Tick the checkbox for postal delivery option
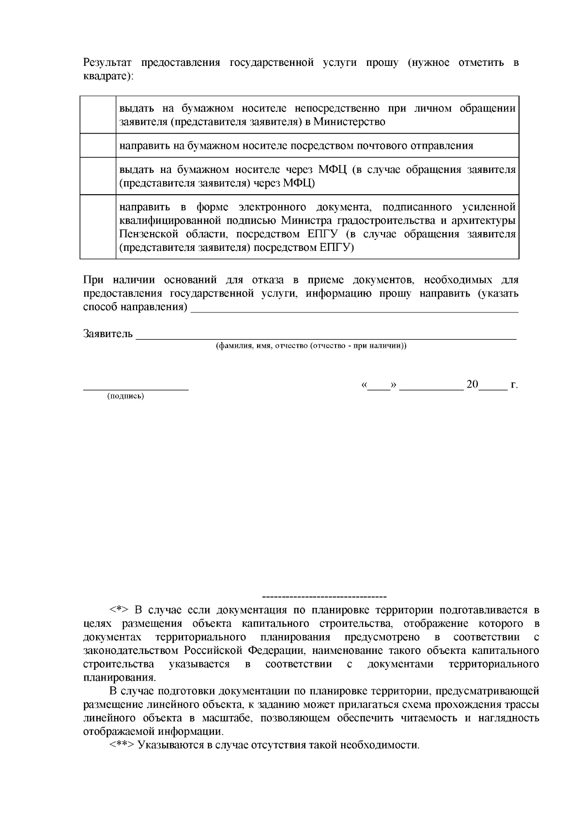click(x=98, y=145)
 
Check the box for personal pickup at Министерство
click(x=98, y=115)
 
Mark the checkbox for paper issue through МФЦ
click(x=98, y=176)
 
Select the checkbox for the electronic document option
click(x=98, y=227)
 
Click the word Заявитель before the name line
click(x=108, y=334)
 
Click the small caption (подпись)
click(x=125, y=396)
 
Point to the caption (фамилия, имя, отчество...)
click(x=311, y=346)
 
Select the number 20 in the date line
click(x=472, y=385)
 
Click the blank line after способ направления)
click(x=354, y=308)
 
